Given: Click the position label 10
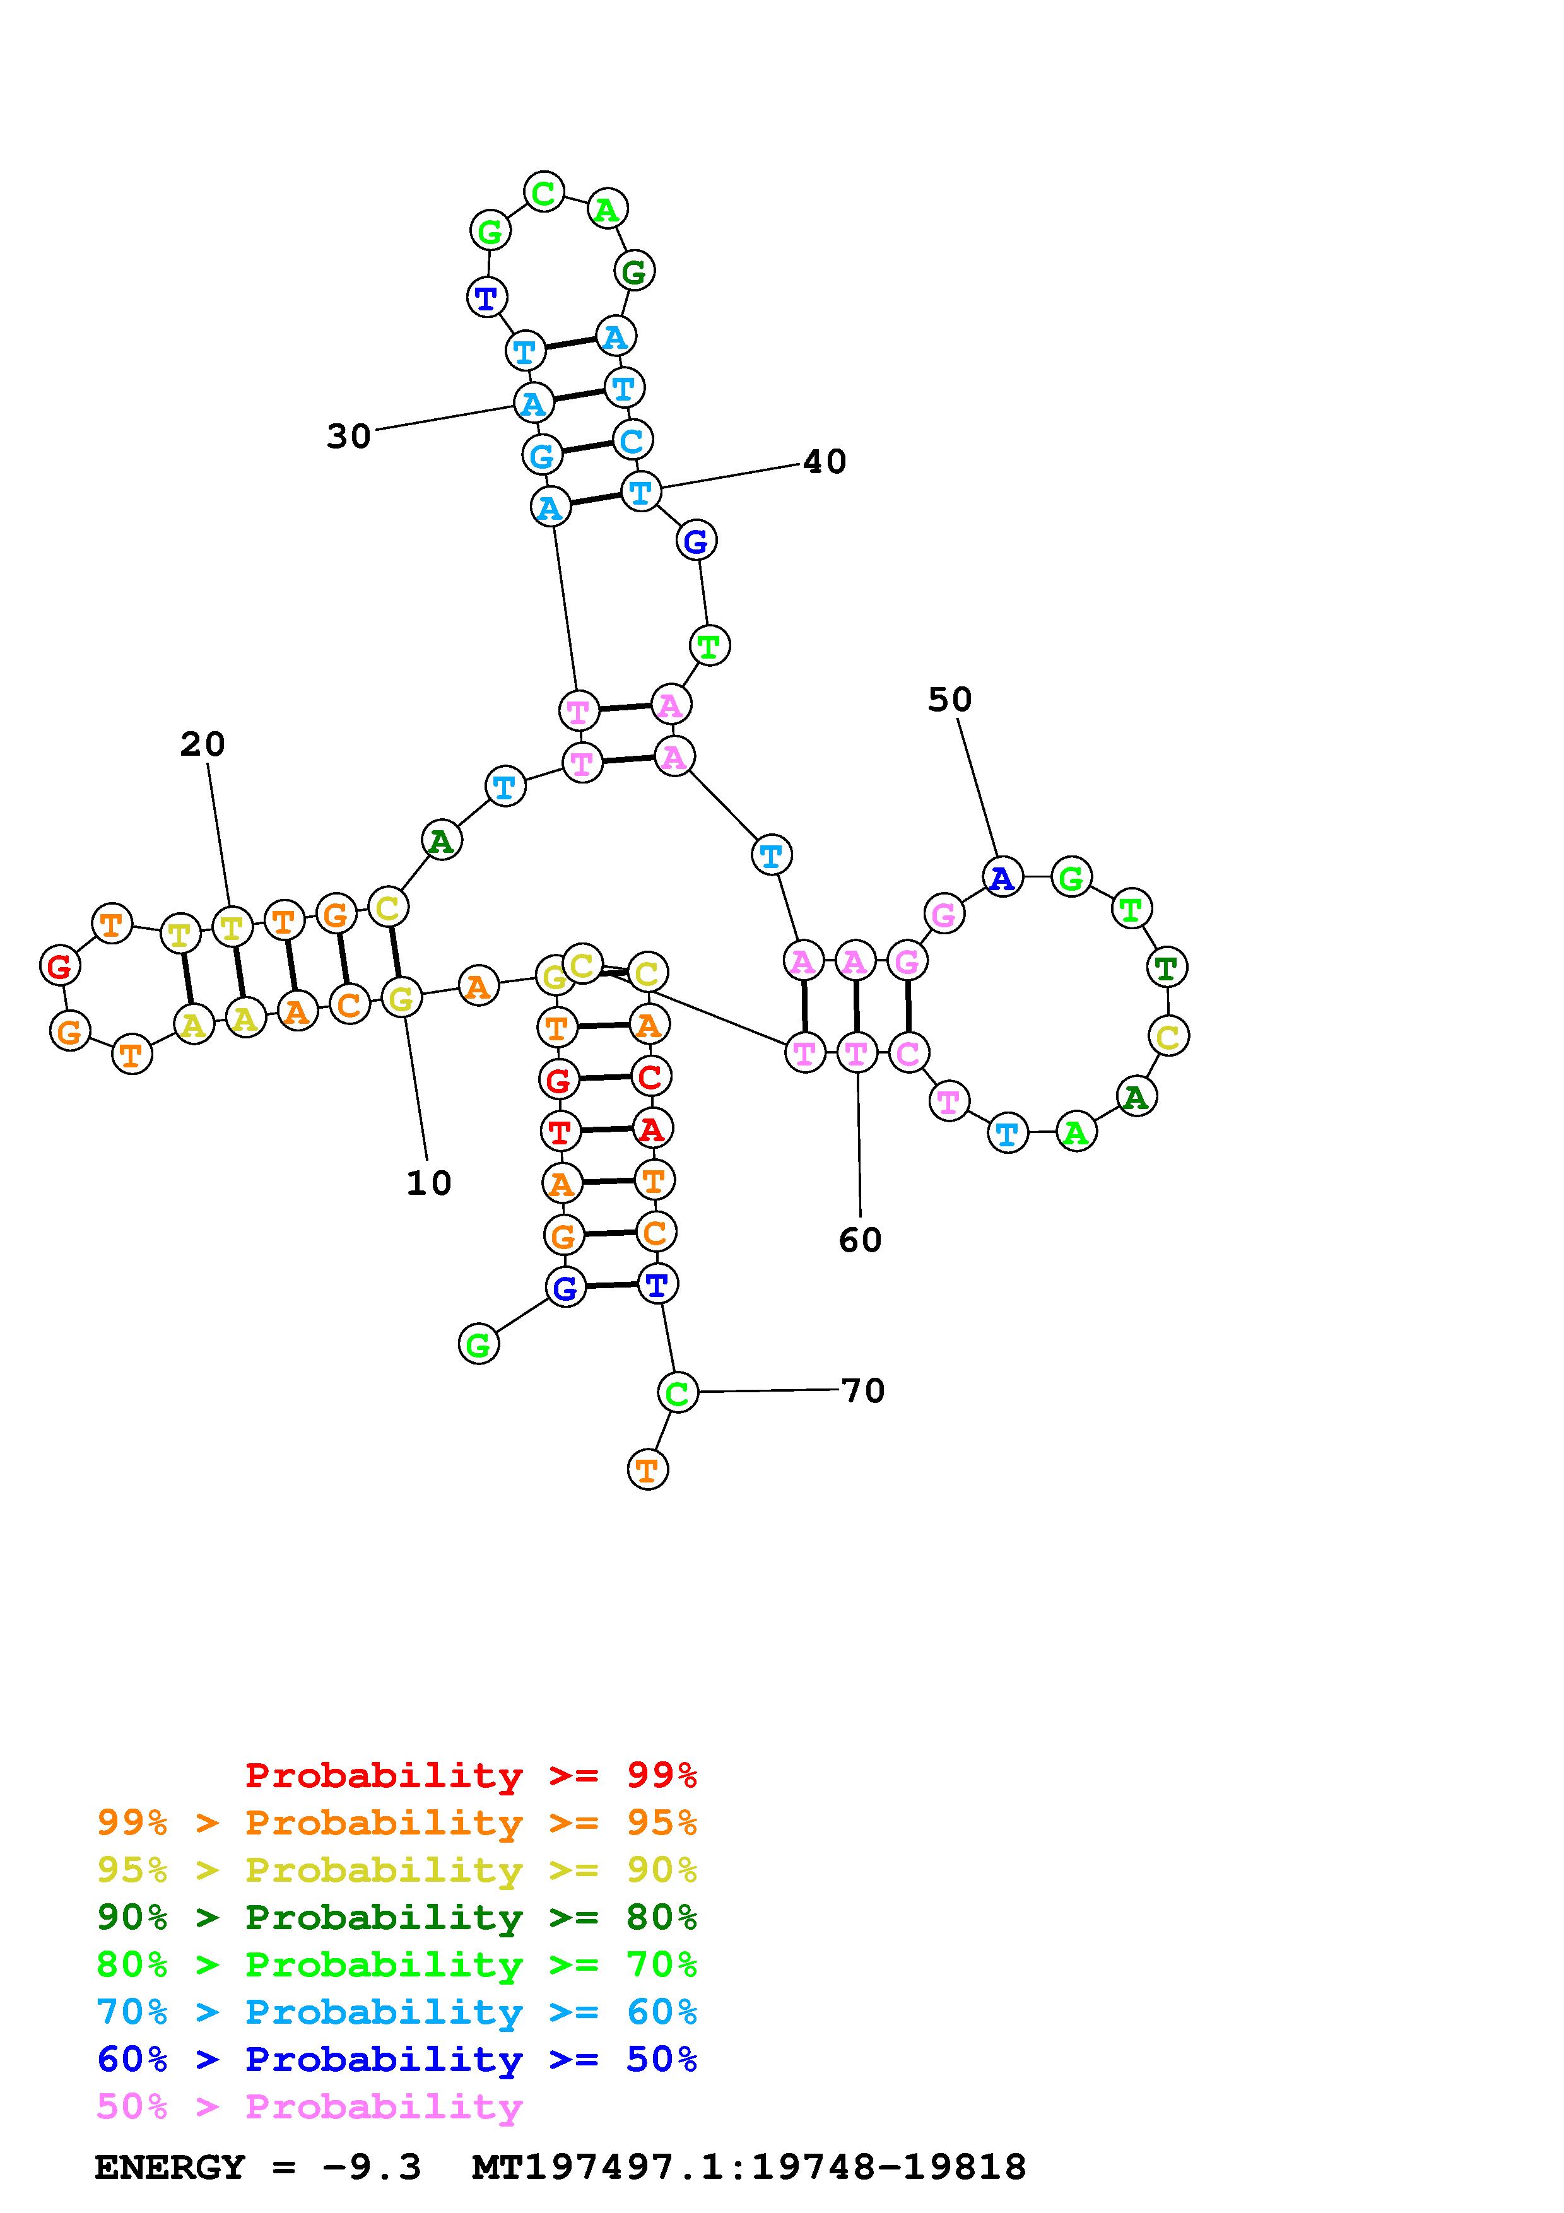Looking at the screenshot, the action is (429, 1183).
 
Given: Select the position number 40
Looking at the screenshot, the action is (824, 462).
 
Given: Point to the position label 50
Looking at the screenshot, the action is (950, 700).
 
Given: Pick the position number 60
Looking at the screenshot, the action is (859, 1240).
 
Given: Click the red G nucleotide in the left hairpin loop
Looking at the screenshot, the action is (60, 966).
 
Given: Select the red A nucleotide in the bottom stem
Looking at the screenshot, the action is (652, 1129).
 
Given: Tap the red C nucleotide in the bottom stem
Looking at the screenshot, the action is (650, 1077).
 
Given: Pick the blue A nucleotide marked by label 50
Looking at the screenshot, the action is (1002, 877).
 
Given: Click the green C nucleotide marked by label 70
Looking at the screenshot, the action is (678, 1393).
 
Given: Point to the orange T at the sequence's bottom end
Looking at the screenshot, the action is (647, 1470).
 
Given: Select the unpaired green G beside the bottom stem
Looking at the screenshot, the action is (479, 1344).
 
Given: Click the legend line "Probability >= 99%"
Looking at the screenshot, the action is (471, 1775).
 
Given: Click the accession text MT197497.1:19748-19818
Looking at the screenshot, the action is (749, 2168).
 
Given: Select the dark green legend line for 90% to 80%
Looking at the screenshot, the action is (397, 1918).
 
